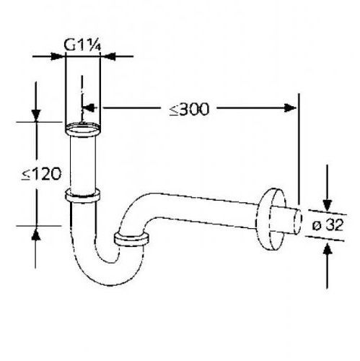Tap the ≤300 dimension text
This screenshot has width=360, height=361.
(x=189, y=110)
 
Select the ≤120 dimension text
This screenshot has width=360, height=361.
(x=41, y=174)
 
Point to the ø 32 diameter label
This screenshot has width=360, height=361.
(x=328, y=225)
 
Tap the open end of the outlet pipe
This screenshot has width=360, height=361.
(x=298, y=222)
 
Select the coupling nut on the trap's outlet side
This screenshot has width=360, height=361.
(x=131, y=240)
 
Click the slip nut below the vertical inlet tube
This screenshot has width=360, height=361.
(x=82, y=195)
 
